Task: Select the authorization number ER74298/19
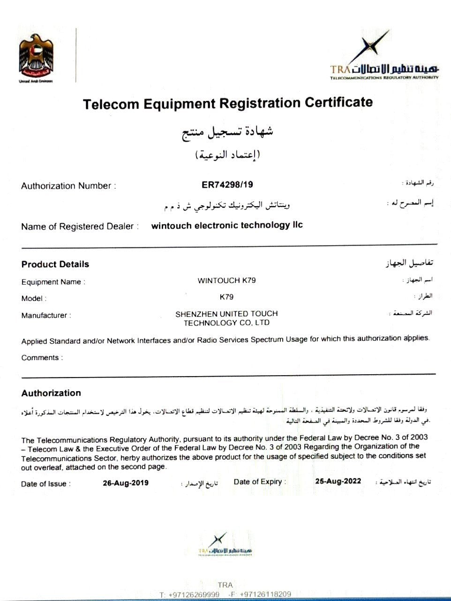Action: tap(227, 185)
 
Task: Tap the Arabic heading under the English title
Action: tap(227, 131)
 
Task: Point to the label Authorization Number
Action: tap(68, 186)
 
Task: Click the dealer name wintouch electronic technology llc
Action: tap(227, 225)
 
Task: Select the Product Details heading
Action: tap(55, 264)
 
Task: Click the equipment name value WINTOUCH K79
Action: tap(227, 281)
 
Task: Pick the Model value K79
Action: tap(226, 297)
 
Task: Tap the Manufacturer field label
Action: tap(45, 316)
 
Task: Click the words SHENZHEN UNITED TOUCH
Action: tap(226, 313)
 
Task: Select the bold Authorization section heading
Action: tap(51, 393)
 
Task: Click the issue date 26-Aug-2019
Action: tap(126, 483)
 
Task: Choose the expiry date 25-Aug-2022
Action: tap(338, 481)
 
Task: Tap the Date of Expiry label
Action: tap(259, 482)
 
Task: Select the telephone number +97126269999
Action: tap(194, 594)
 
